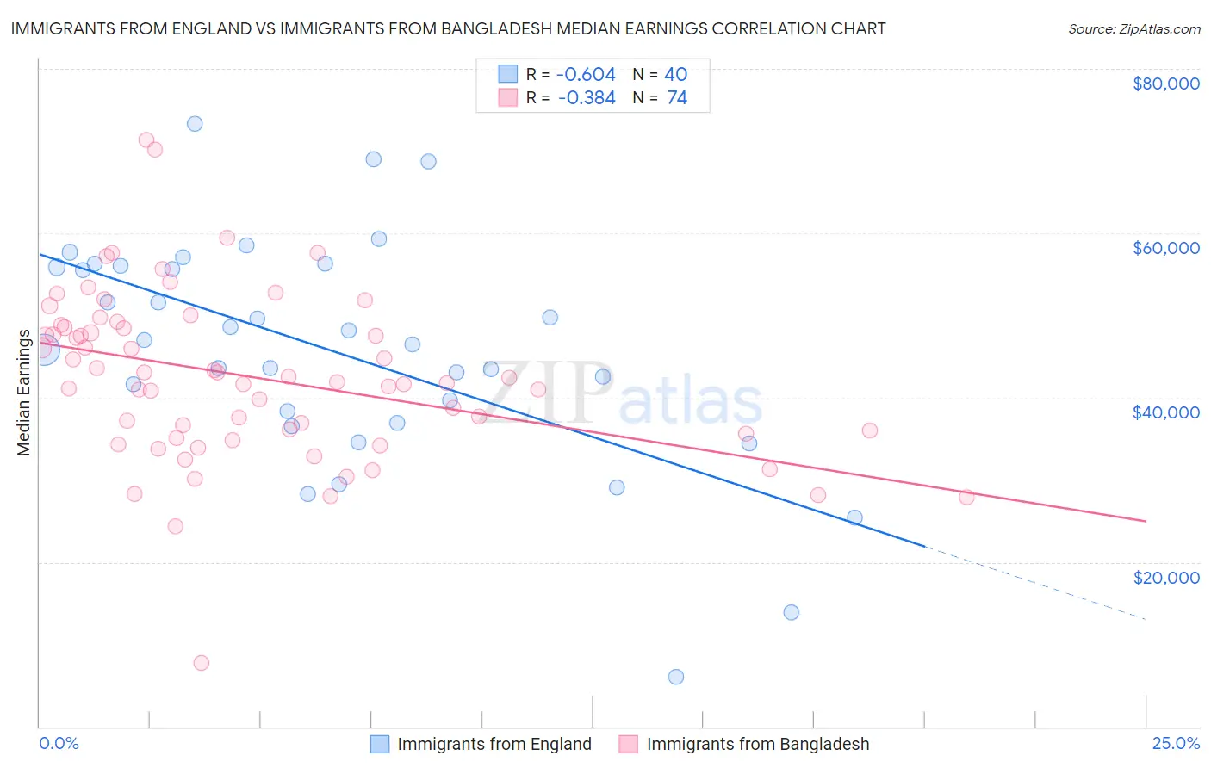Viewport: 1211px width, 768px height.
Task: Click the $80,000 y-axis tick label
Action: [x=1165, y=84]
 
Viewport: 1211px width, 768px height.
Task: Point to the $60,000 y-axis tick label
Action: [x=1165, y=248]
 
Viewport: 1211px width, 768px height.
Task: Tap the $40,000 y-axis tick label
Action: [x=1165, y=412]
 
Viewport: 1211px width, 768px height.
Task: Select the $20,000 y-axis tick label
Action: [x=1165, y=577]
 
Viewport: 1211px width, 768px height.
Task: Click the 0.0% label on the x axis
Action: [x=59, y=744]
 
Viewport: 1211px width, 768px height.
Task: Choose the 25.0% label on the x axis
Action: [x=1176, y=744]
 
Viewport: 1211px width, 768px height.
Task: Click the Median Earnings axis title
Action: [x=24, y=393]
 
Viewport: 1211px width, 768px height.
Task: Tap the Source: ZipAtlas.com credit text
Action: [x=1133, y=29]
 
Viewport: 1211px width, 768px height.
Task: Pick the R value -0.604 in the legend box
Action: [x=586, y=75]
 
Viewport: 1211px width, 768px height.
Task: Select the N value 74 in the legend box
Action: [x=677, y=98]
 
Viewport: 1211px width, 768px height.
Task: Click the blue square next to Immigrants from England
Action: [x=380, y=744]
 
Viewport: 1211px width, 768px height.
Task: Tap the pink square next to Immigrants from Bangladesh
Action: [x=629, y=744]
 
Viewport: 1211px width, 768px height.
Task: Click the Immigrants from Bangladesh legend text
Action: [x=758, y=744]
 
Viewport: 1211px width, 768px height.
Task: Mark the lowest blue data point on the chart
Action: [x=676, y=677]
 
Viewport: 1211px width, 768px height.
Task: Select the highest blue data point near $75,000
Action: [x=195, y=124]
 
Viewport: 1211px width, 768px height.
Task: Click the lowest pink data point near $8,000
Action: [x=202, y=663]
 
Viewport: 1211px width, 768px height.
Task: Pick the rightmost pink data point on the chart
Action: [x=966, y=497]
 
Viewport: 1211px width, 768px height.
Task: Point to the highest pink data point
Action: [x=146, y=140]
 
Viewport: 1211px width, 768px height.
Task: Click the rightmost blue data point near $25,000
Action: [x=854, y=517]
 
